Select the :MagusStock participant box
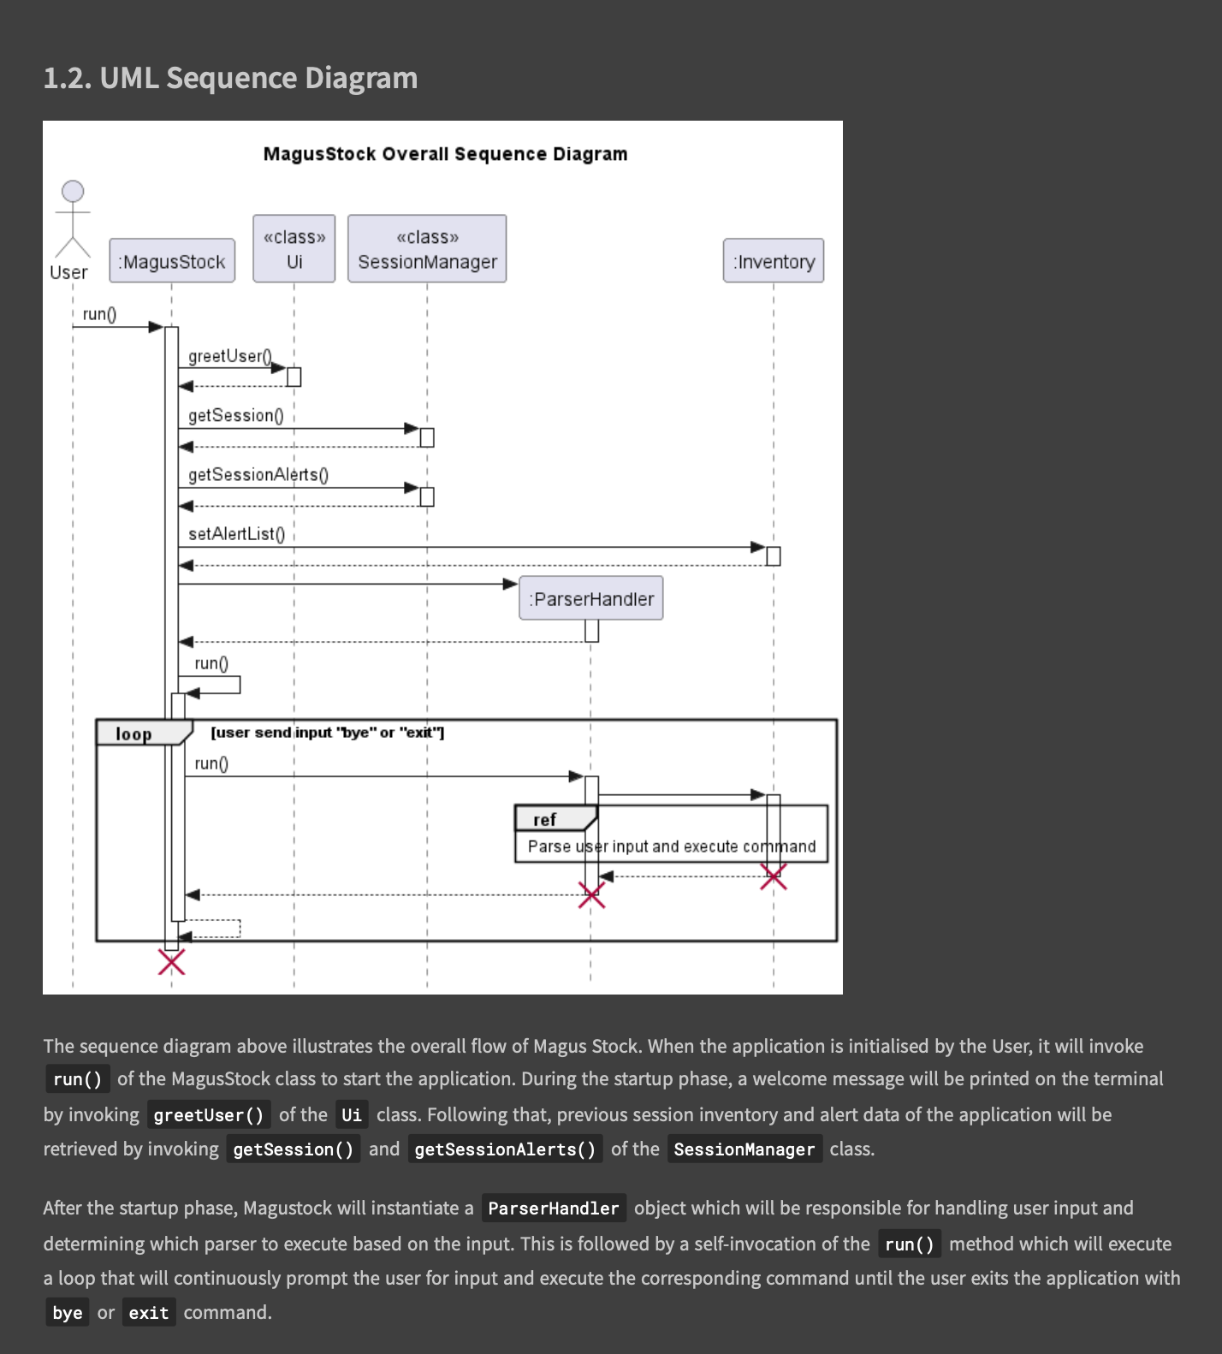172,261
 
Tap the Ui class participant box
294,248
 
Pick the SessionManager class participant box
427,248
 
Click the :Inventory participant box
774,261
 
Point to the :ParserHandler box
591,598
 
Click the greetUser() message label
229,356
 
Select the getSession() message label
235,415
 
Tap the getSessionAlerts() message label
258,474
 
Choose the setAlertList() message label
236,533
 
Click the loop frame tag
134,733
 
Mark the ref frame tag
545,819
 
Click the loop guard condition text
327,733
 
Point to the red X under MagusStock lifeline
171,962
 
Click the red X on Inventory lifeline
774,876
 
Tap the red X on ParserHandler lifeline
591,895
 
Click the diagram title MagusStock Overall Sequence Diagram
445,154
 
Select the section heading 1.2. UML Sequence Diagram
230,78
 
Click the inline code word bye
68,1313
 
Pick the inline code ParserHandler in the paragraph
553,1209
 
